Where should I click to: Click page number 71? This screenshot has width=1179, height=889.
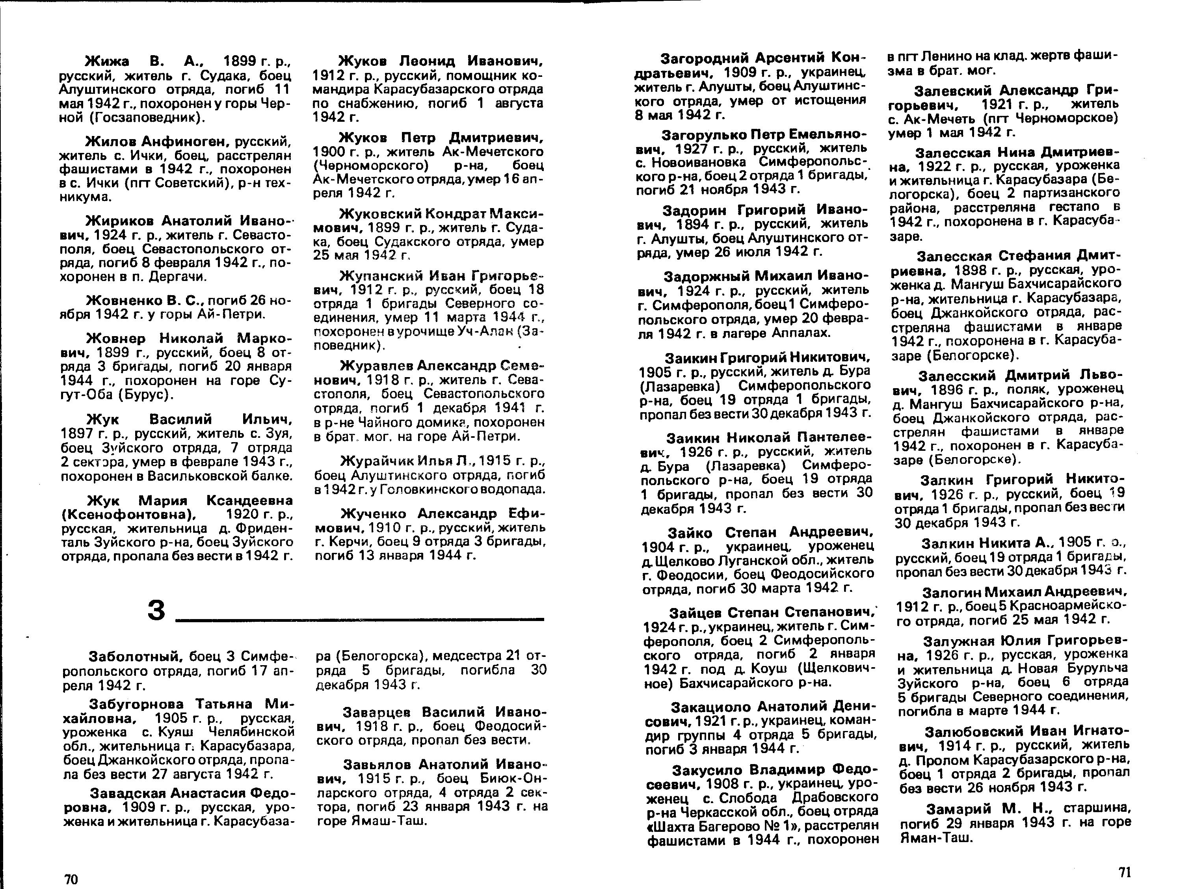1124,872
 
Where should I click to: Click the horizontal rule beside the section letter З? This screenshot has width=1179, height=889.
360,619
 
